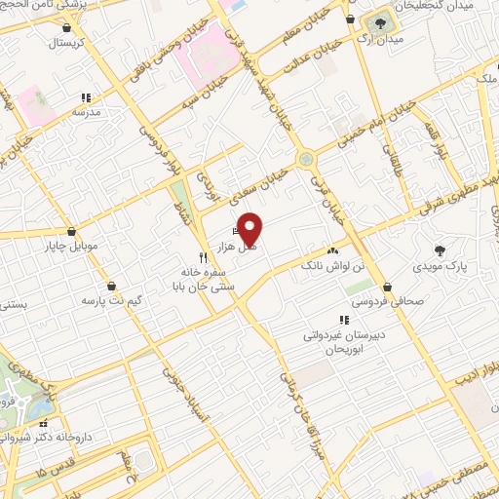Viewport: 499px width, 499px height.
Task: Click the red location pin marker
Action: point(250,228)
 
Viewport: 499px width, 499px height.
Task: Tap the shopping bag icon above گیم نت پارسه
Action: point(110,285)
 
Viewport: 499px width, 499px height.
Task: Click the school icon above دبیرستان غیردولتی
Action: point(343,320)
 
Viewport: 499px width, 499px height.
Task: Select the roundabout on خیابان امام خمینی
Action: point(307,157)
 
